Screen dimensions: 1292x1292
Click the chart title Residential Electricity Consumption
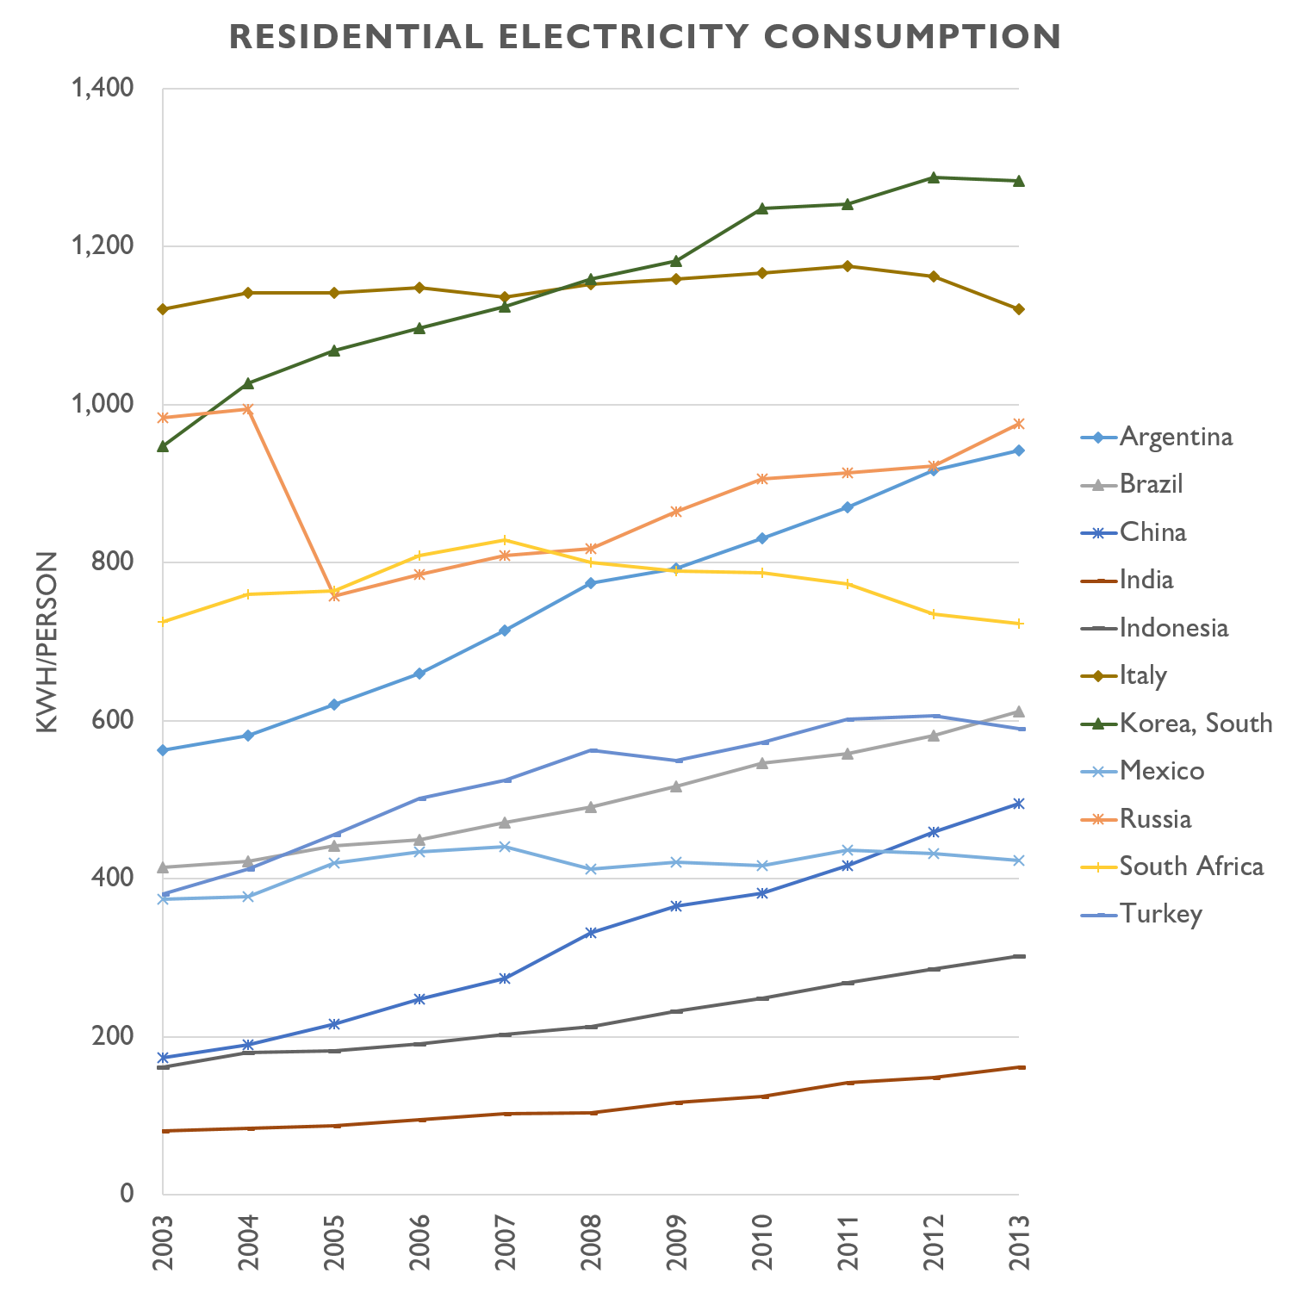[x=645, y=37]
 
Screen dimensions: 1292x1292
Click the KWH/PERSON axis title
[x=47, y=642]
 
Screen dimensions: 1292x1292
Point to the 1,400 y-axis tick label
[x=102, y=88]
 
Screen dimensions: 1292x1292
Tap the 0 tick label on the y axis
[x=127, y=1194]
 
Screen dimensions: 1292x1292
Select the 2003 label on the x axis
[x=163, y=1242]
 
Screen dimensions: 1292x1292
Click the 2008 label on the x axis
[x=591, y=1242]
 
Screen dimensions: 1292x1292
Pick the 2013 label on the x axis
[x=1019, y=1242]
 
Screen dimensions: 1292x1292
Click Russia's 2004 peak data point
[x=248, y=409]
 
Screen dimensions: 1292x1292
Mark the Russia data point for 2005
[x=334, y=595]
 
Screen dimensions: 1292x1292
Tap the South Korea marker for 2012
[x=933, y=177]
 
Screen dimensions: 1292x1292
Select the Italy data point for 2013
[x=1019, y=309]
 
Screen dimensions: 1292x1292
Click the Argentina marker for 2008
[x=591, y=583]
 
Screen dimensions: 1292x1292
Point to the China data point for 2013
[x=1019, y=804]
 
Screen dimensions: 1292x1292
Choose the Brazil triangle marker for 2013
[x=1019, y=711]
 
